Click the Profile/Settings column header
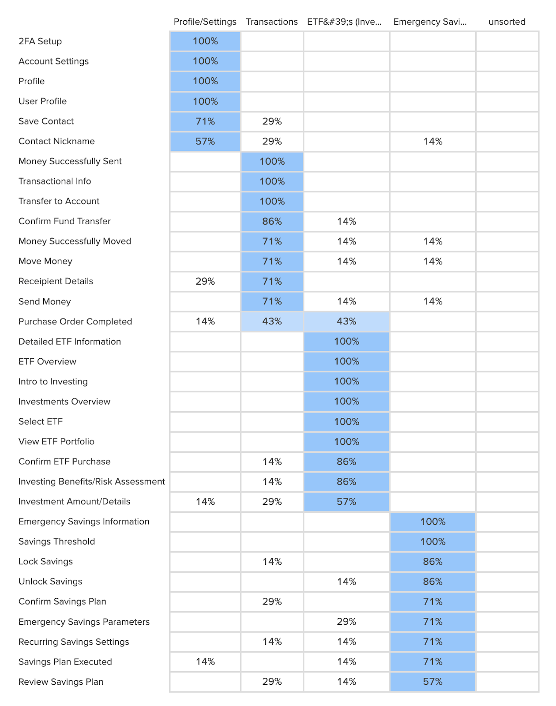coord(205,22)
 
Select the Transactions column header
coord(272,22)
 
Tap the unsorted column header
coord(507,22)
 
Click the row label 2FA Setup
coord(40,41)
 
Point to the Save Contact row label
coord(46,121)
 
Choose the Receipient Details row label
coord(56,281)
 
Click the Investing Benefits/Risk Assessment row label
coord(92,481)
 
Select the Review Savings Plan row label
coord(61,682)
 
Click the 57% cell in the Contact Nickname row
coord(205,141)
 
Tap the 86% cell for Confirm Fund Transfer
coord(272,221)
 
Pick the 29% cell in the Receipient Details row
coord(205,281)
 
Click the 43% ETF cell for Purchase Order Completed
coord(346,321)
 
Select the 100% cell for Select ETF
coord(346,421)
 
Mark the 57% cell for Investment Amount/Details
coord(346,501)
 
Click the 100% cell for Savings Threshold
coord(432,541)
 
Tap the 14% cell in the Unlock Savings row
coord(346,582)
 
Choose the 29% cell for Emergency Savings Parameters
coord(346,621)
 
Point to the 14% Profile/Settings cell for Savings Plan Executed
coord(205,661)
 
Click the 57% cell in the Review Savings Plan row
coord(432,682)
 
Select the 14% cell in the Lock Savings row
coord(272,561)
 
